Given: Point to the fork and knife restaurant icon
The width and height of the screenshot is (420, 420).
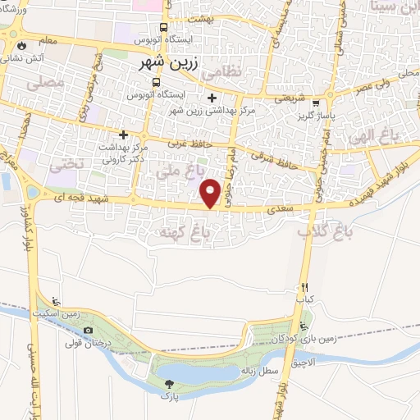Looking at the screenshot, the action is pos(304,287).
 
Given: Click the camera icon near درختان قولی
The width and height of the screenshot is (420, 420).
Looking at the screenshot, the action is pos(88,331).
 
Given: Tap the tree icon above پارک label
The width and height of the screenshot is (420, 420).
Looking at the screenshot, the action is pos(170,384).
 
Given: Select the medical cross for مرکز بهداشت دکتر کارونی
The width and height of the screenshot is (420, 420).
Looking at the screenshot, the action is pos(123,135).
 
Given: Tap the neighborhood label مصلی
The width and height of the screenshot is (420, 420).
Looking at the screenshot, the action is pos(44,83).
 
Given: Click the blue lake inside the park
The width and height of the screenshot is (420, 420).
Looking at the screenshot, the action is pos(205,374).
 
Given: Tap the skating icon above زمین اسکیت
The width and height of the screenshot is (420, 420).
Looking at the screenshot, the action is pos(55,302).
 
